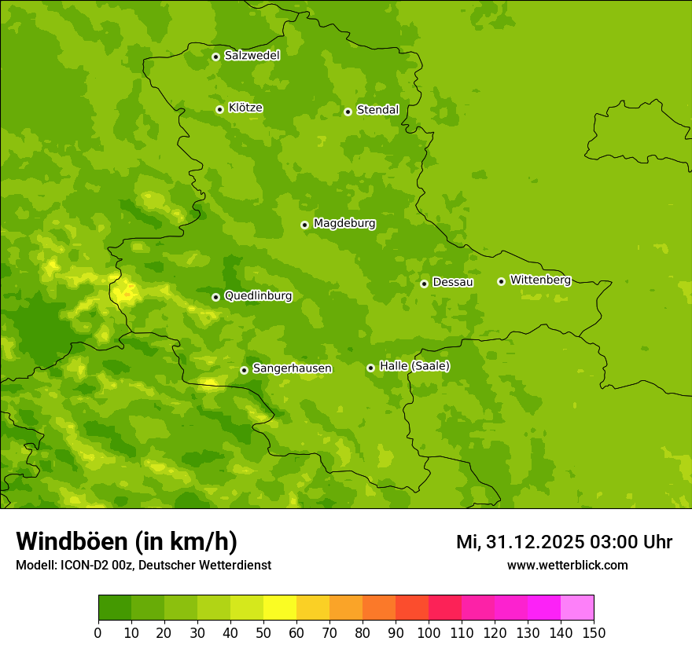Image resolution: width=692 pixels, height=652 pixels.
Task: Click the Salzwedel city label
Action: (x=252, y=56)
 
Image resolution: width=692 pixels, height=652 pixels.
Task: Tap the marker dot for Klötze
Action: (x=219, y=109)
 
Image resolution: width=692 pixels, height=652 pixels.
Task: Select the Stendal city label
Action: (x=377, y=110)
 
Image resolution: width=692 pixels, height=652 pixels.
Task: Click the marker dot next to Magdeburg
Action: (x=304, y=225)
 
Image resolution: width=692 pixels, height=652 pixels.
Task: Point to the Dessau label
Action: (x=453, y=282)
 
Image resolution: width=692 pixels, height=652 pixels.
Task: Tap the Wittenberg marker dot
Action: (x=501, y=281)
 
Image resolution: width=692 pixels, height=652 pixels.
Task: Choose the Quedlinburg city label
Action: (x=258, y=296)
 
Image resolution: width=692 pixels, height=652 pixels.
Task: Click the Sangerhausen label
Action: (x=292, y=368)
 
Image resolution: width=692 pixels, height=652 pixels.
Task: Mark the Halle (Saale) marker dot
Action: (x=370, y=368)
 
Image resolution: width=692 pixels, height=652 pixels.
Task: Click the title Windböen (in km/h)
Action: (x=127, y=541)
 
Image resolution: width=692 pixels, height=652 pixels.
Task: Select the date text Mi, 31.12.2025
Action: (x=519, y=542)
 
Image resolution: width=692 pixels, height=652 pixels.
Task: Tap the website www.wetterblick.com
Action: (x=567, y=565)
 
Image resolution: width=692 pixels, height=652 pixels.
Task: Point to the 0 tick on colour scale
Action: (x=98, y=632)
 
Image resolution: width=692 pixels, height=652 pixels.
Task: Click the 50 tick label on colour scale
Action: (x=263, y=632)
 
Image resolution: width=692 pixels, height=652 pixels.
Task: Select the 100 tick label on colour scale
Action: (x=429, y=632)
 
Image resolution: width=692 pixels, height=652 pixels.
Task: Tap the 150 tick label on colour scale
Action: (x=593, y=632)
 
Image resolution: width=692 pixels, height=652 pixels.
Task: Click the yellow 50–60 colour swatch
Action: (x=280, y=608)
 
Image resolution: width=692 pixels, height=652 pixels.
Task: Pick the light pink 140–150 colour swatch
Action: (x=577, y=608)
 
